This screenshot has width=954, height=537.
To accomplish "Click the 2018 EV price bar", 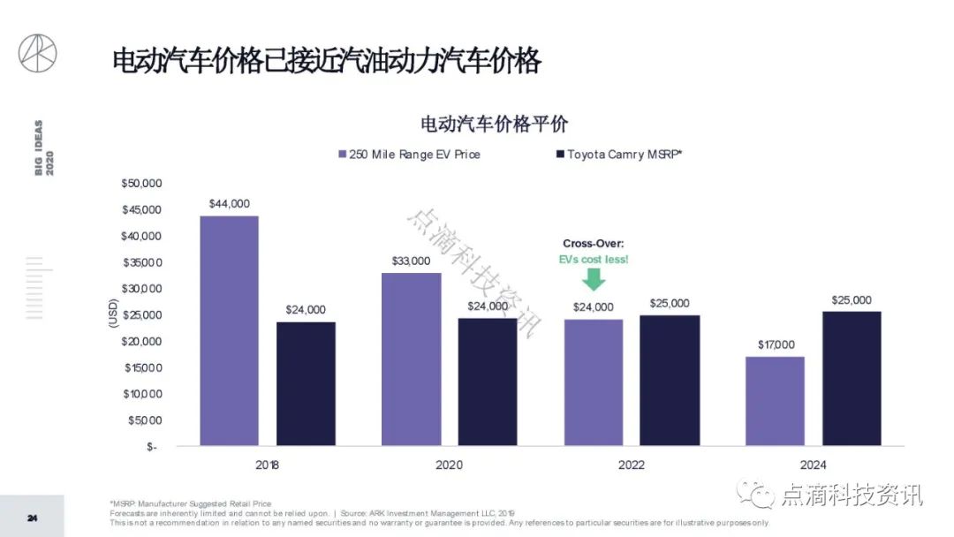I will (x=229, y=331).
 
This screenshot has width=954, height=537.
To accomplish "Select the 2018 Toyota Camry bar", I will (x=306, y=384).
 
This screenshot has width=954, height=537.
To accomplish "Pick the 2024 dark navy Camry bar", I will (x=851, y=379).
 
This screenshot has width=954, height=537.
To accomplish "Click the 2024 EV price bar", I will (x=775, y=402).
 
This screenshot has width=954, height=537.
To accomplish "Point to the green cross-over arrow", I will (x=594, y=279).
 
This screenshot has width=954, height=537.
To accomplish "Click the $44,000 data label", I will (x=230, y=203).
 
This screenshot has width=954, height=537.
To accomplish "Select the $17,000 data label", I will (x=775, y=344).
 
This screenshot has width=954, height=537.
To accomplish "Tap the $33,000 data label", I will (x=411, y=261).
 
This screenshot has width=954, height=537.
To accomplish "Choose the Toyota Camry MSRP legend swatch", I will (x=559, y=155).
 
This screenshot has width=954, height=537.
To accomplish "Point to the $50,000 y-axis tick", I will (x=141, y=184).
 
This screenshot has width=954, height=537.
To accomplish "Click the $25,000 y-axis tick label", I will (x=141, y=315).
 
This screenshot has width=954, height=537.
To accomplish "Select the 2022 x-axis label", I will (x=632, y=465).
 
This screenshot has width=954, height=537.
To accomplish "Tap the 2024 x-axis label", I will (x=813, y=465).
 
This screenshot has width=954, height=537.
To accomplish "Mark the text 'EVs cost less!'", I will (x=594, y=260).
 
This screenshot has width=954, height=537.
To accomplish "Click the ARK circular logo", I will (x=38, y=53).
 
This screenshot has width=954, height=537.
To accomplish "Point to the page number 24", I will (x=32, y=518).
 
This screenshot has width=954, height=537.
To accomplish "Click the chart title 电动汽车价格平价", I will (x=494, y=124).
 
